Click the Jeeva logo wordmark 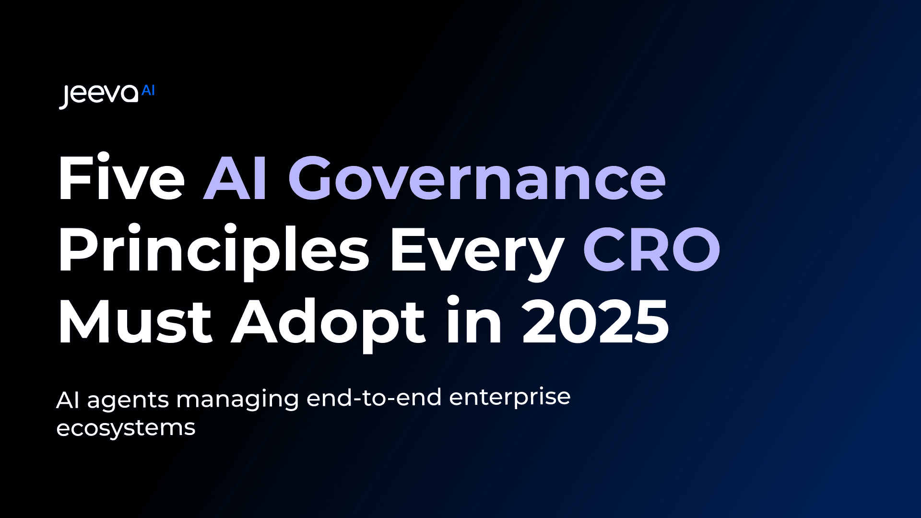tap(99, 94)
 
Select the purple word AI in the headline tap(235, 178)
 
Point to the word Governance tap(477, 178)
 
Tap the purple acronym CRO tap(651, 249)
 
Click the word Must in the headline tap(135, 321)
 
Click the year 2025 tap(595, 321)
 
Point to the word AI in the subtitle tap(67, 400)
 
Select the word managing tap(238, 400)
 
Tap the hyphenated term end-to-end tap(374, 398)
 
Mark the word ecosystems tap(126, 428)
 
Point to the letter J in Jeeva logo tap(65, 97)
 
